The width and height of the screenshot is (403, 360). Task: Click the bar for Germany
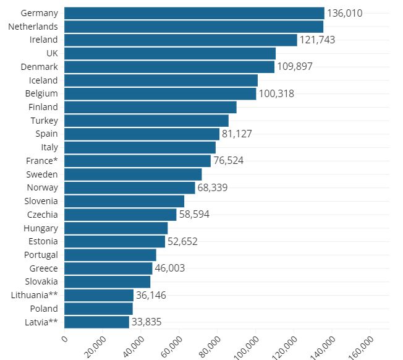[x=194, y=13]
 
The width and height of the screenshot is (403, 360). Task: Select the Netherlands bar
[x=193, y=27]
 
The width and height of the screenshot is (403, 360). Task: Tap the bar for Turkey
[x=146, y=121]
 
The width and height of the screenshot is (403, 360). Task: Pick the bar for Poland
[x=98, y=309]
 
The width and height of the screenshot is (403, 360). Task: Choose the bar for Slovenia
[x=124, y=201]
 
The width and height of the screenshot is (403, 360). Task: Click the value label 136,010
[x=344, y=13]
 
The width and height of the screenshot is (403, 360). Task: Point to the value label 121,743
[x=317, y=40]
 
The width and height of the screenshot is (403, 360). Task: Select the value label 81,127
[x=237, y=134]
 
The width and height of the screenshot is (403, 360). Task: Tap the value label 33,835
[x=146, y=322]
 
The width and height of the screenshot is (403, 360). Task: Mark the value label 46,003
[x=169, y=268]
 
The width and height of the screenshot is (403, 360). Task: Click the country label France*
[x=41, y=161]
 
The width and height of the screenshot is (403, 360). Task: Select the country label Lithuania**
[x=35, y=295]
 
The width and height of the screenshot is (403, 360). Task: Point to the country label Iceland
[x=43, y=80]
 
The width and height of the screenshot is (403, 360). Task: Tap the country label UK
[x=52, y=54]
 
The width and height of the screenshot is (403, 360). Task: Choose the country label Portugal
[x=41, y=255]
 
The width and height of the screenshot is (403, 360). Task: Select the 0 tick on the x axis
[x=65, y=339]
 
